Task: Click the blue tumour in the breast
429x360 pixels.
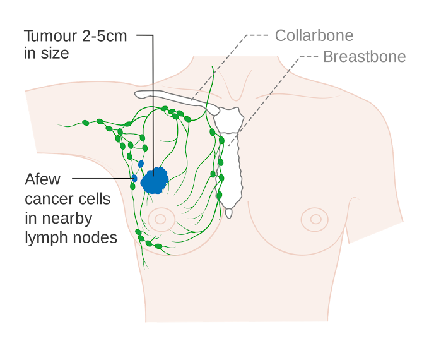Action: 153,181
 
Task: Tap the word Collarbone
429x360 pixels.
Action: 314,35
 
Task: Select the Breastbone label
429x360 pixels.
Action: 364,57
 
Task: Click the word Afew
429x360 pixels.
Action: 43,179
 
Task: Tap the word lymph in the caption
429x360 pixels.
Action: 44,238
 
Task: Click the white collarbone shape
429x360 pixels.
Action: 170,97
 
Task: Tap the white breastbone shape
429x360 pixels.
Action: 230,158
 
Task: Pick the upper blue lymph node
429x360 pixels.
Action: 141,164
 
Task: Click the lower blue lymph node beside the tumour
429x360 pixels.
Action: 134,179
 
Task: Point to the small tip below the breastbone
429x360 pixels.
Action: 228,213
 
